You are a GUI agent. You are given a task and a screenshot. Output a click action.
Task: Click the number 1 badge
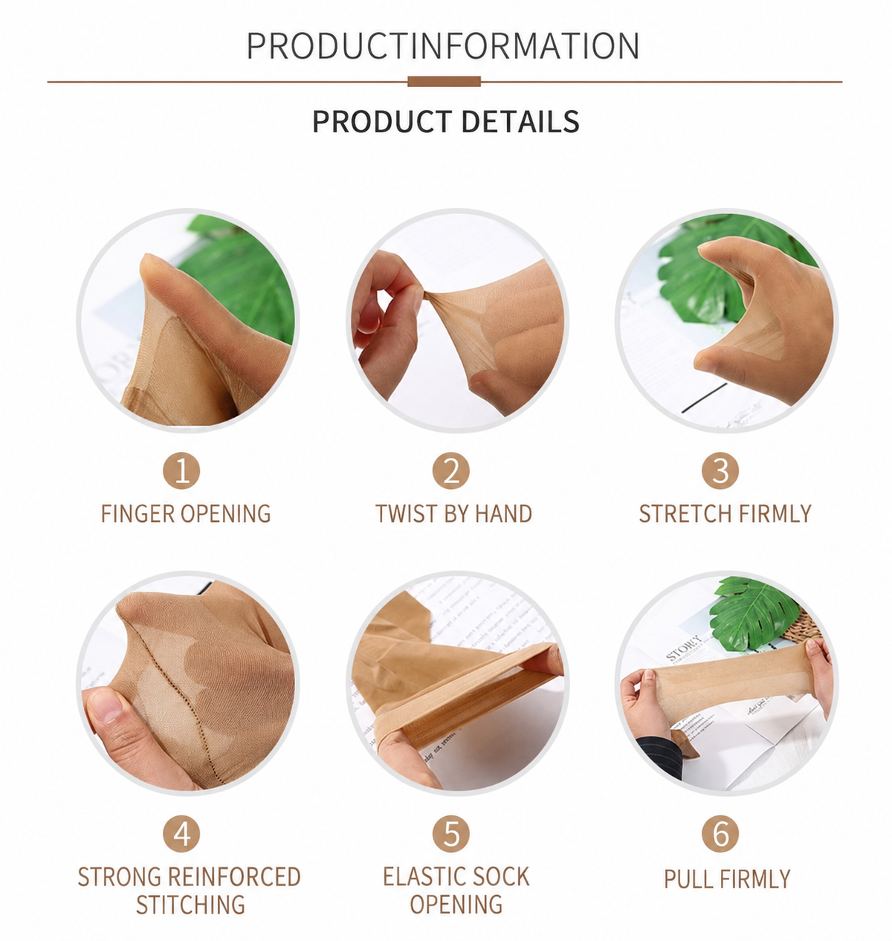(181, 470)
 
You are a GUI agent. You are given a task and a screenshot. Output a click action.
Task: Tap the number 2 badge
(451, 470)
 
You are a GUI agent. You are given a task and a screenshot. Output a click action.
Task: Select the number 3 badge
(720, 470)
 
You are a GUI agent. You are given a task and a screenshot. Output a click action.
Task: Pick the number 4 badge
(181, 834)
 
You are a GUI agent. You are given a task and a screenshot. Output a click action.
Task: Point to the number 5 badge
(451, 834)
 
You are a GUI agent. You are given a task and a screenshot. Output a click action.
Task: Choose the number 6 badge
(720, 834)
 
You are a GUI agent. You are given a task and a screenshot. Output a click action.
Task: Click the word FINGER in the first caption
(138, 514)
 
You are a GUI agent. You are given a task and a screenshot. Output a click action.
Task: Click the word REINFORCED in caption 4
(235, 877)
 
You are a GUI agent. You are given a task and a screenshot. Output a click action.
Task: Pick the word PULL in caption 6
(688, 879)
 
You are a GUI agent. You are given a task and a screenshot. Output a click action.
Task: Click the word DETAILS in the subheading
(520, 121)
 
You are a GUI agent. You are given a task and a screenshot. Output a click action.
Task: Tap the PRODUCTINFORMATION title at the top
(443, 45)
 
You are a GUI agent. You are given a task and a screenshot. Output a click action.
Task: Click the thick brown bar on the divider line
(445, 81)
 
